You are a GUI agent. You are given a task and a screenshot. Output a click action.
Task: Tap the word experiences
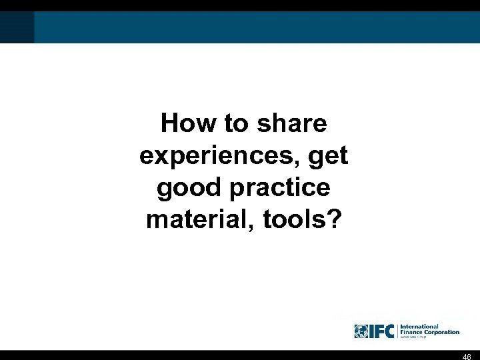point(218,155)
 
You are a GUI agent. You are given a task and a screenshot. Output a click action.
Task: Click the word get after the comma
point(329,157)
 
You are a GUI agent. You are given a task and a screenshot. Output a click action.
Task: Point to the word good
point(189,188)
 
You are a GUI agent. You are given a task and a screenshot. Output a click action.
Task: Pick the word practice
point(279,188)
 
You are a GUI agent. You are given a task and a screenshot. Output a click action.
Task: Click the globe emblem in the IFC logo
point(361,331)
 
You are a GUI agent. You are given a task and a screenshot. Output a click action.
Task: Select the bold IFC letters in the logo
point(382,331)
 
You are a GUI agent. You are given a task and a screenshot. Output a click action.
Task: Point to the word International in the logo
point(419,327)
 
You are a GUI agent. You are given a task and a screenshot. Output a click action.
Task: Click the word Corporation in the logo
point(439,332)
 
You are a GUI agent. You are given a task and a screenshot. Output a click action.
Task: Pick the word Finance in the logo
point(409,332)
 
